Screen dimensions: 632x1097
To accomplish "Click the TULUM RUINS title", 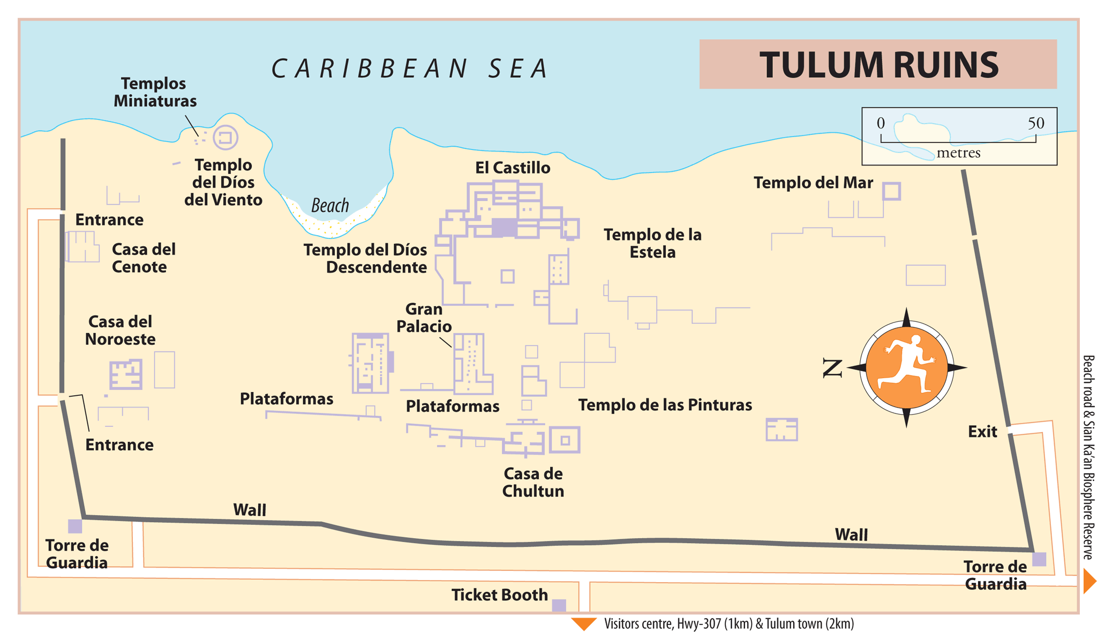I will (878, 65).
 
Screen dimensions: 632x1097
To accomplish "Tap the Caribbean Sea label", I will (410, 69).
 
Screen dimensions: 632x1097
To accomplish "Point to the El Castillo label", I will (513, 168).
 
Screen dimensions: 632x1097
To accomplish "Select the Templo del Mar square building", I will (891, 191).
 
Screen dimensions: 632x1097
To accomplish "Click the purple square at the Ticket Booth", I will (559, 605).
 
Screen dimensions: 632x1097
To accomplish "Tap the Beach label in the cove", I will (330, 205).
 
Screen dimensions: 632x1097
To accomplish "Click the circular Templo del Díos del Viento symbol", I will (226, 138).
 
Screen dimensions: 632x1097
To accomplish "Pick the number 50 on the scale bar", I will (1036, 123).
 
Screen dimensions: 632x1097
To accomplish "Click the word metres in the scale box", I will (958, 153).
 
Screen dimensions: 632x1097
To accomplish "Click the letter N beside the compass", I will (832, 368).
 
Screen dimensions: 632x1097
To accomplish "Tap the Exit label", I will (982, 432).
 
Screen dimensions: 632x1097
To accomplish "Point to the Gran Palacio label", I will (424, 318).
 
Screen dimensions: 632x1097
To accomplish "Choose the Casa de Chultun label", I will (533, 482).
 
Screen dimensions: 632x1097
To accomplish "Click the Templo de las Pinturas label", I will (665, 405).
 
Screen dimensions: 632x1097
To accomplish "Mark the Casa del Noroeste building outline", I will (126, 374).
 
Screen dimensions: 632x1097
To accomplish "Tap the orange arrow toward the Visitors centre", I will (583, 623).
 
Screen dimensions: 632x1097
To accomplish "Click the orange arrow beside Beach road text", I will (1089, 581).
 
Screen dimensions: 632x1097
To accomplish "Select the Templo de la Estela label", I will (652, 243).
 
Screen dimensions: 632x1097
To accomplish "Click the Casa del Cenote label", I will (143, 258).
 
